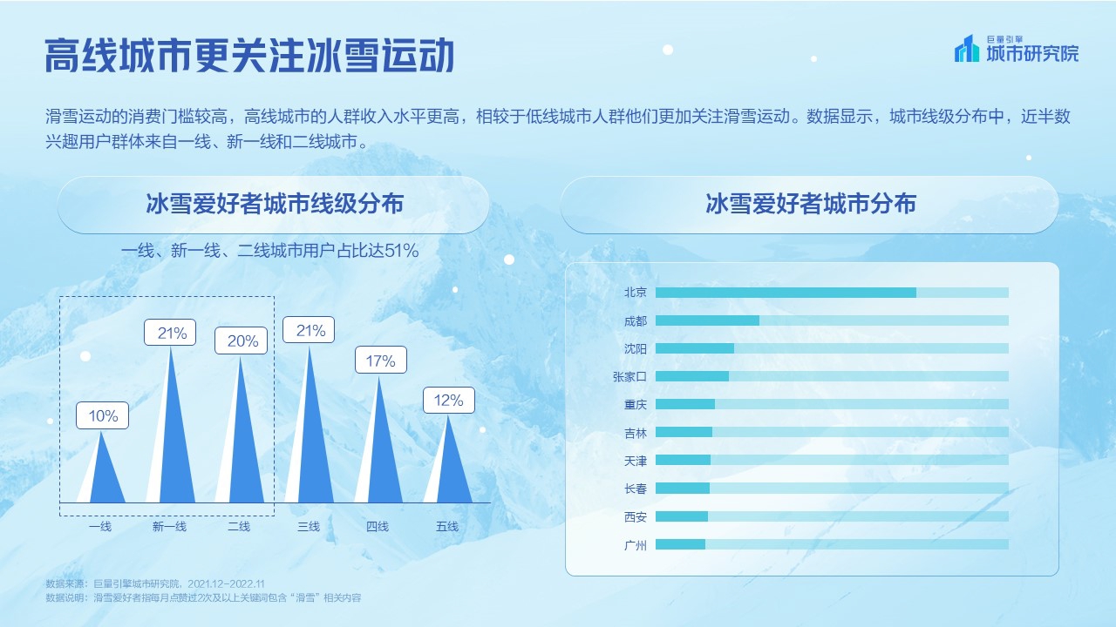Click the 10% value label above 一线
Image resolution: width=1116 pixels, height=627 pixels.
(103, 415)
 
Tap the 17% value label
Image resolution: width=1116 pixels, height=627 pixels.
(381, 361)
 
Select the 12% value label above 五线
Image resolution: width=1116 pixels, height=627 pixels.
(449, 401)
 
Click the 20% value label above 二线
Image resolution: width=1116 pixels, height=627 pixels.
(242, 341)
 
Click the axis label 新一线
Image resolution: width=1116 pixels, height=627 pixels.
(169, 526)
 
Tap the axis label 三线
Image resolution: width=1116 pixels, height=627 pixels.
(309, 526)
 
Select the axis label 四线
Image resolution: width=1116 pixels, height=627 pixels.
(378, 526)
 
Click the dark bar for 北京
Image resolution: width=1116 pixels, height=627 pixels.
(786, 293)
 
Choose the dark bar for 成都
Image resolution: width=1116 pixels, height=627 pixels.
(707, 320)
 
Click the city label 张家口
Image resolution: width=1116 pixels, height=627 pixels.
(629, 376)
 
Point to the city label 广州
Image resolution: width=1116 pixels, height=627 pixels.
(636, 544)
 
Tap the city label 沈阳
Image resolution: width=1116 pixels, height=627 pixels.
(636, 348)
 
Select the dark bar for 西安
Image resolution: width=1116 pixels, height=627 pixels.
(682, 516)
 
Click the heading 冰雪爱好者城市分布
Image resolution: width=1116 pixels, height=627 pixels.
(810, 205)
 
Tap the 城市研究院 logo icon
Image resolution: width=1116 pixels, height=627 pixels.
(967, 49)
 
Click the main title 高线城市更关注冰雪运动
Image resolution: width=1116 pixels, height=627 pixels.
(250, 56)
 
